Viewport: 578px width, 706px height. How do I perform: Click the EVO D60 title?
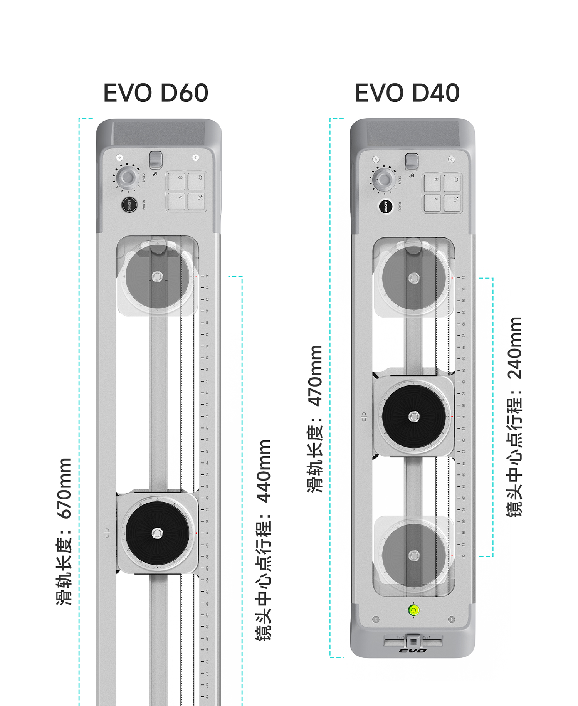[x=156, y=93]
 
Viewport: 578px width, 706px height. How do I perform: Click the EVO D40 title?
[x=407, y=93]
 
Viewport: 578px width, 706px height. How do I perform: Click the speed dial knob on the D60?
[x=127, y=178]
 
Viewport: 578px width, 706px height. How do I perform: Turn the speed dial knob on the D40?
[x=383, y=179]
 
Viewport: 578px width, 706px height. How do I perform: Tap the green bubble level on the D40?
[x=414, y=610]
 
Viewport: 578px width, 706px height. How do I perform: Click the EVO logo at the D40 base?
[x=413, y=651]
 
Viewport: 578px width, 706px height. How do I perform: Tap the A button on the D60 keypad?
[x=176, y=201]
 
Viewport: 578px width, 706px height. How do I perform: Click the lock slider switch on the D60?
[x=156, y=160]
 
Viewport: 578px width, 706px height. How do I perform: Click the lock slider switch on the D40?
[x=412, y=162]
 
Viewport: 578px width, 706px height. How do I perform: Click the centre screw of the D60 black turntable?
[x=157, y=533]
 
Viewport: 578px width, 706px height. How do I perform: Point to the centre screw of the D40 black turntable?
[x=414, y=417]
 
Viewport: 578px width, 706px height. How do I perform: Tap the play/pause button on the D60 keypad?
[x=196, y=201]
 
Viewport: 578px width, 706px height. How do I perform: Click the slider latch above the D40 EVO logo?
[x=413, y=641]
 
